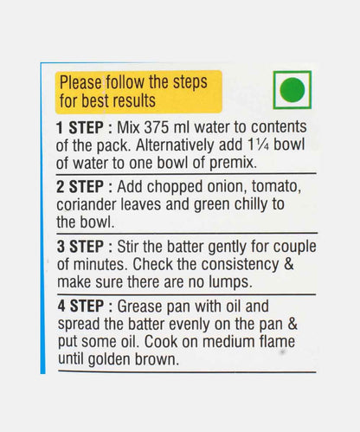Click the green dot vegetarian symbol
click(292, 90)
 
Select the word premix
click(233, 164)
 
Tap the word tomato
click(276, 186)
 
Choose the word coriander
click(87, 204)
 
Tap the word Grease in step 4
click(140, 306)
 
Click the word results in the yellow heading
click(133, 101)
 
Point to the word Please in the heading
click(80, 82)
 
